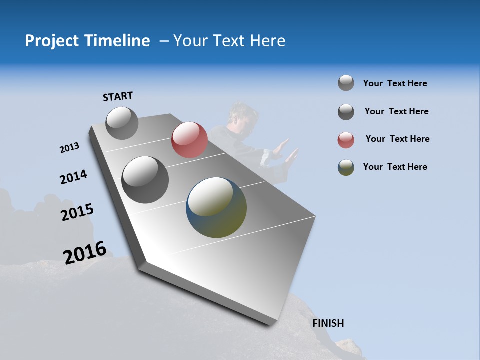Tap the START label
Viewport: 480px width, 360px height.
pos(118,96)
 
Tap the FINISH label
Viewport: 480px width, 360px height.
pos(328,323)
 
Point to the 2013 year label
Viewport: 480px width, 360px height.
pos(69,148)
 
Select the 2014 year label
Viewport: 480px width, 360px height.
pos(73,177)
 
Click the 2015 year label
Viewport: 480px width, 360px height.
pos(77,212)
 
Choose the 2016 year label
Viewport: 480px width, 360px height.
pos(85,252)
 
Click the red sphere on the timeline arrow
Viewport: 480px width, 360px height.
pos(189,139)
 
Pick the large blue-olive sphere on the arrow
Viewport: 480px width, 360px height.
pos(216,207)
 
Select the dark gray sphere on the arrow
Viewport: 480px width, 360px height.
pos(145,179)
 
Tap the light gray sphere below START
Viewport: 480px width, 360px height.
pos(122,123)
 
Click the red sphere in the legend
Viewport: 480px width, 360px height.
pos(346,140)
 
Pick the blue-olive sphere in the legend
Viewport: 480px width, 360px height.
pos(346,167)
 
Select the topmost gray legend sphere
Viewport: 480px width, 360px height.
pos(346,83)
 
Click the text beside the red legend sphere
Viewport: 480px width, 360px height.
pos(397,139)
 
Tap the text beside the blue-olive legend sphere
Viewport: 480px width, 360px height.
pos(395,167)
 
